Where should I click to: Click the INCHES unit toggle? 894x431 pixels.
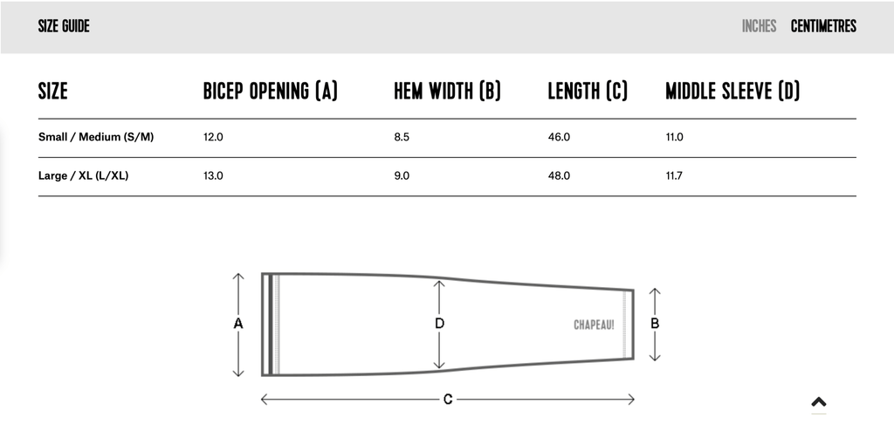(759, 26)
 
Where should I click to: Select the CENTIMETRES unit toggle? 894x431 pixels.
(823, 26)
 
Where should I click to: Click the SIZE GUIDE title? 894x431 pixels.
(64, 26)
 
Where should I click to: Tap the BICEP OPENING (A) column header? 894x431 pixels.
(271, 91)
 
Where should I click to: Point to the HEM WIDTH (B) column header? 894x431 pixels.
(447, 91)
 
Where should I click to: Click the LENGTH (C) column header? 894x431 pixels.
(588, 91)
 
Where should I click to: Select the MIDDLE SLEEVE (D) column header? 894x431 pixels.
(732, 91)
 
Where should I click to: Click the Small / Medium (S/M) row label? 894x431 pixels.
(96, 137)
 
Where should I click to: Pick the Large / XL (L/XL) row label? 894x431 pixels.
(83, 175)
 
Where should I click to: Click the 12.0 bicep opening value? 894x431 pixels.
(213, 137)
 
